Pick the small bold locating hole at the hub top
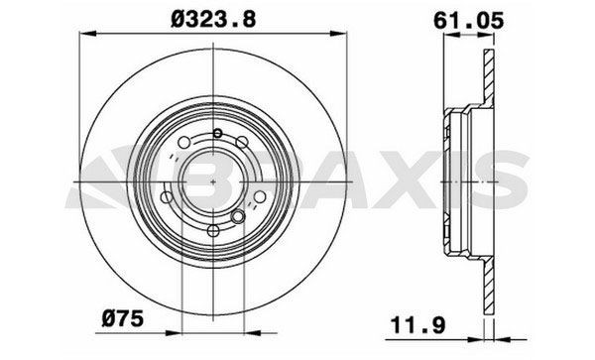pyautogui.click(x=215, y=133)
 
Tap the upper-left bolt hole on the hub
pyautogui.click(x=183, y=145)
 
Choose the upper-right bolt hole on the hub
pyautogui.click(x=245, y=143)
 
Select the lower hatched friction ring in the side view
pyautogui.click(x=486, y=293)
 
